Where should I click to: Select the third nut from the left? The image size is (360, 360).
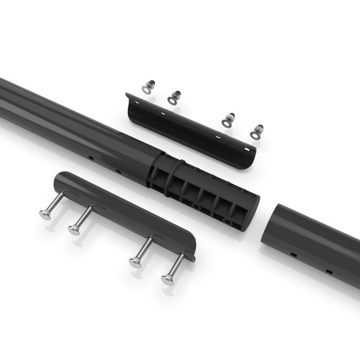(227, 119)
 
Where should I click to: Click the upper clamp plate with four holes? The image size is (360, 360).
(194, 132)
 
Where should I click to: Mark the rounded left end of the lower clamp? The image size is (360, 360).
(59, 180)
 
